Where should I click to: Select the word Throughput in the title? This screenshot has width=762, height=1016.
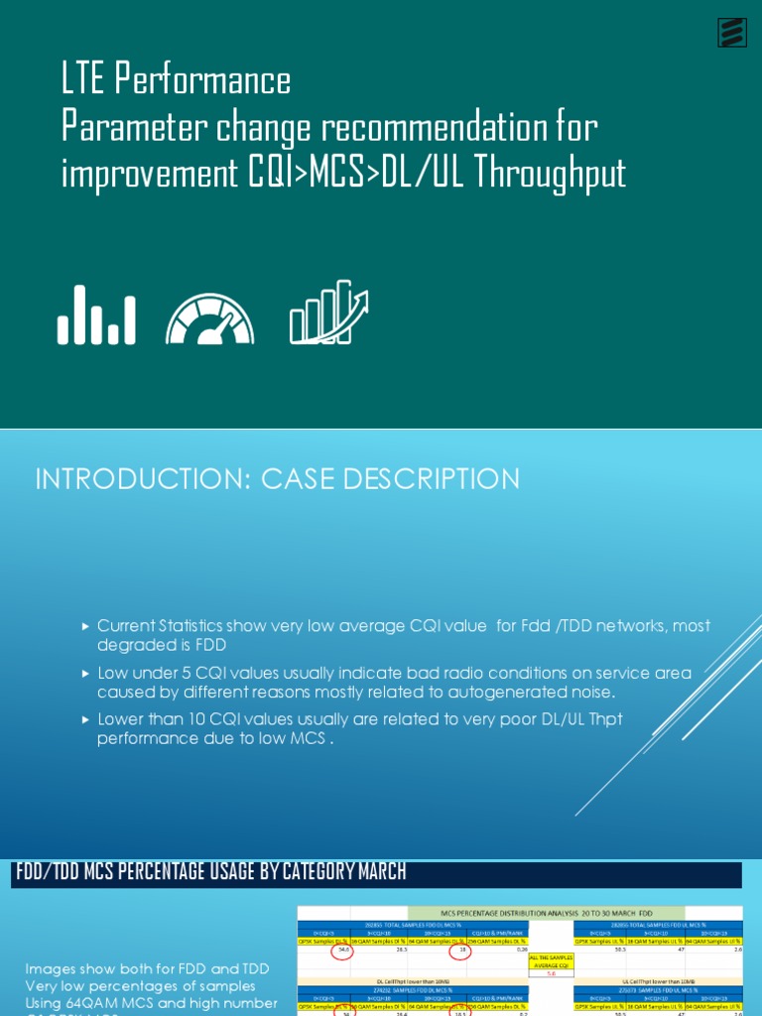tap(550, 175)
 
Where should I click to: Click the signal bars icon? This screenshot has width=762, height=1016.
tap(96, 316)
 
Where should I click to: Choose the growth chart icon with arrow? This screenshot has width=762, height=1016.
tap(328, 312)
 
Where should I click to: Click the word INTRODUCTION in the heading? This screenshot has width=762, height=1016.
tap(143, 480)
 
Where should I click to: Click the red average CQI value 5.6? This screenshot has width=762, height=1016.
tap(552, 974)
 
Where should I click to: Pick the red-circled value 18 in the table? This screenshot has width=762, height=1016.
tap(460, 951)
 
